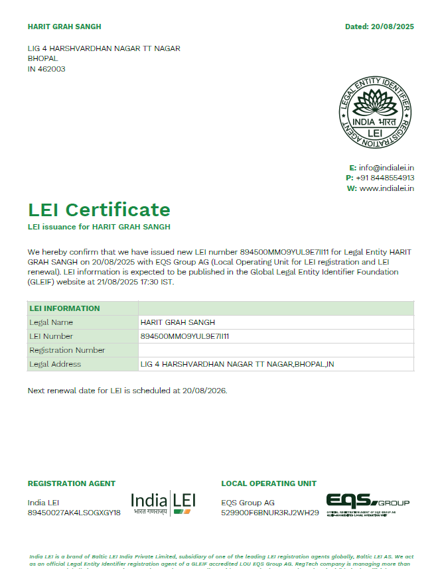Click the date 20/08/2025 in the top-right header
[392, 27]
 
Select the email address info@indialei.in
[386, 168]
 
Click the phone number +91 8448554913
[385, 178]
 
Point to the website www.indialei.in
[386, 188]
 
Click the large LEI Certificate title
[99, 210]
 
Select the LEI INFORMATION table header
[64, 308]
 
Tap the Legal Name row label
[51, 322]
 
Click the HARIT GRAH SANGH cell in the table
[178, 322]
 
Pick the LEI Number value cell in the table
[184, 336]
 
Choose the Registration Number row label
[67, 350]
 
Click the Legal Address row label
[55, 364]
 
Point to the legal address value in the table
[237, 364]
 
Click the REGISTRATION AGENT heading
[72, 483]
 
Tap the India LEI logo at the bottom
[163, 503]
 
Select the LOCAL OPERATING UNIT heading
[269, 483]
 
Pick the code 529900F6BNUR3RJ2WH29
[270, 513]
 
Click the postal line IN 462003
[46, 69]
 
